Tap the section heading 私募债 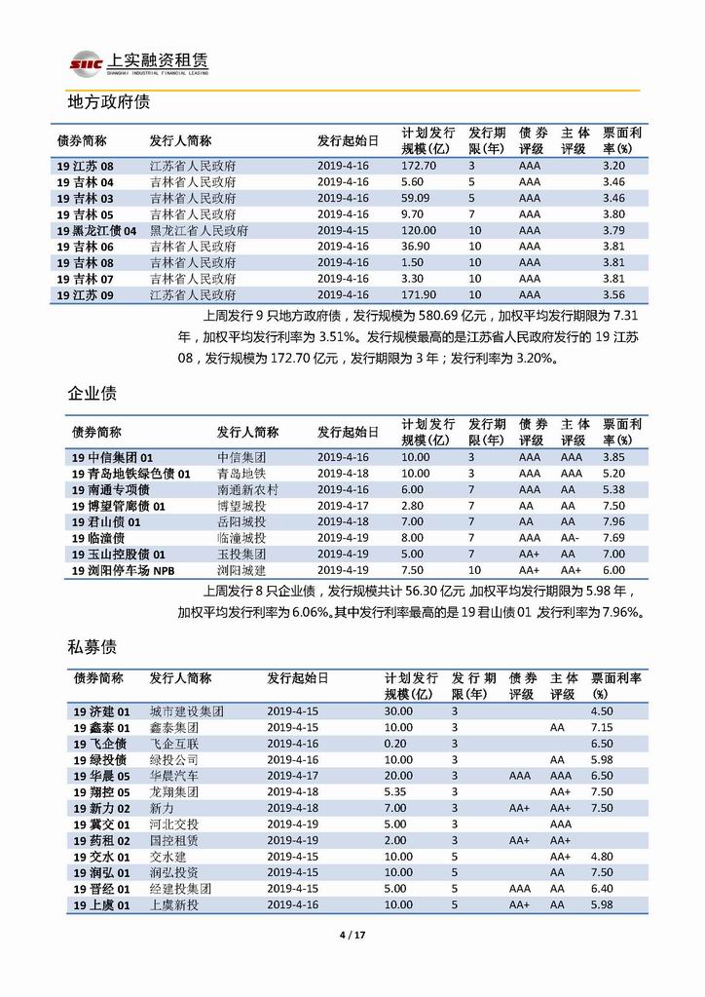[x=93, y=646]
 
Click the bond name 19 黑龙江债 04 [x=96, y=231]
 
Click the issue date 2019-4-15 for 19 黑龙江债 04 [x=343, y=231]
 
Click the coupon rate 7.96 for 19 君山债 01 [x=612, y=522]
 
